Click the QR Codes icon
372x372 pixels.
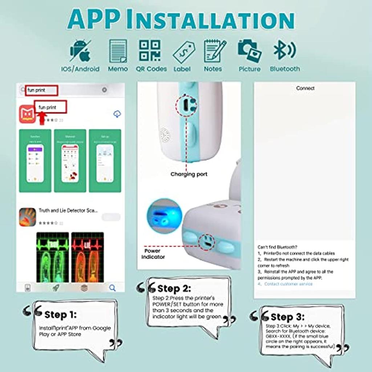[x=150, y=50]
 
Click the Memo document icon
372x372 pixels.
[x=118, y=51]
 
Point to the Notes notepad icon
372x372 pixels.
[x=214, y=51]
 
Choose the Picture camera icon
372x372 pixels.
[x=249, y=50]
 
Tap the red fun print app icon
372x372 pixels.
[x=28, y=114]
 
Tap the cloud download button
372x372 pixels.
[x=117, y=114]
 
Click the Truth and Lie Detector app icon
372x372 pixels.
[x=28, y=217]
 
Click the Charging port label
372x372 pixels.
[x=189, y=174]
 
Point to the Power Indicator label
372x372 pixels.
[x=153, y=254]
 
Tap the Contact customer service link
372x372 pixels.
[x=288, y=284]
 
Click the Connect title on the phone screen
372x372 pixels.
[x=305, y=88]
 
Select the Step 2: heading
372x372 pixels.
[x=174, y=288]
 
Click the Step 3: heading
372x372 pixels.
[x=288, y=317]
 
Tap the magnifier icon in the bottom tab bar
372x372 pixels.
[x=112, y=288]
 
